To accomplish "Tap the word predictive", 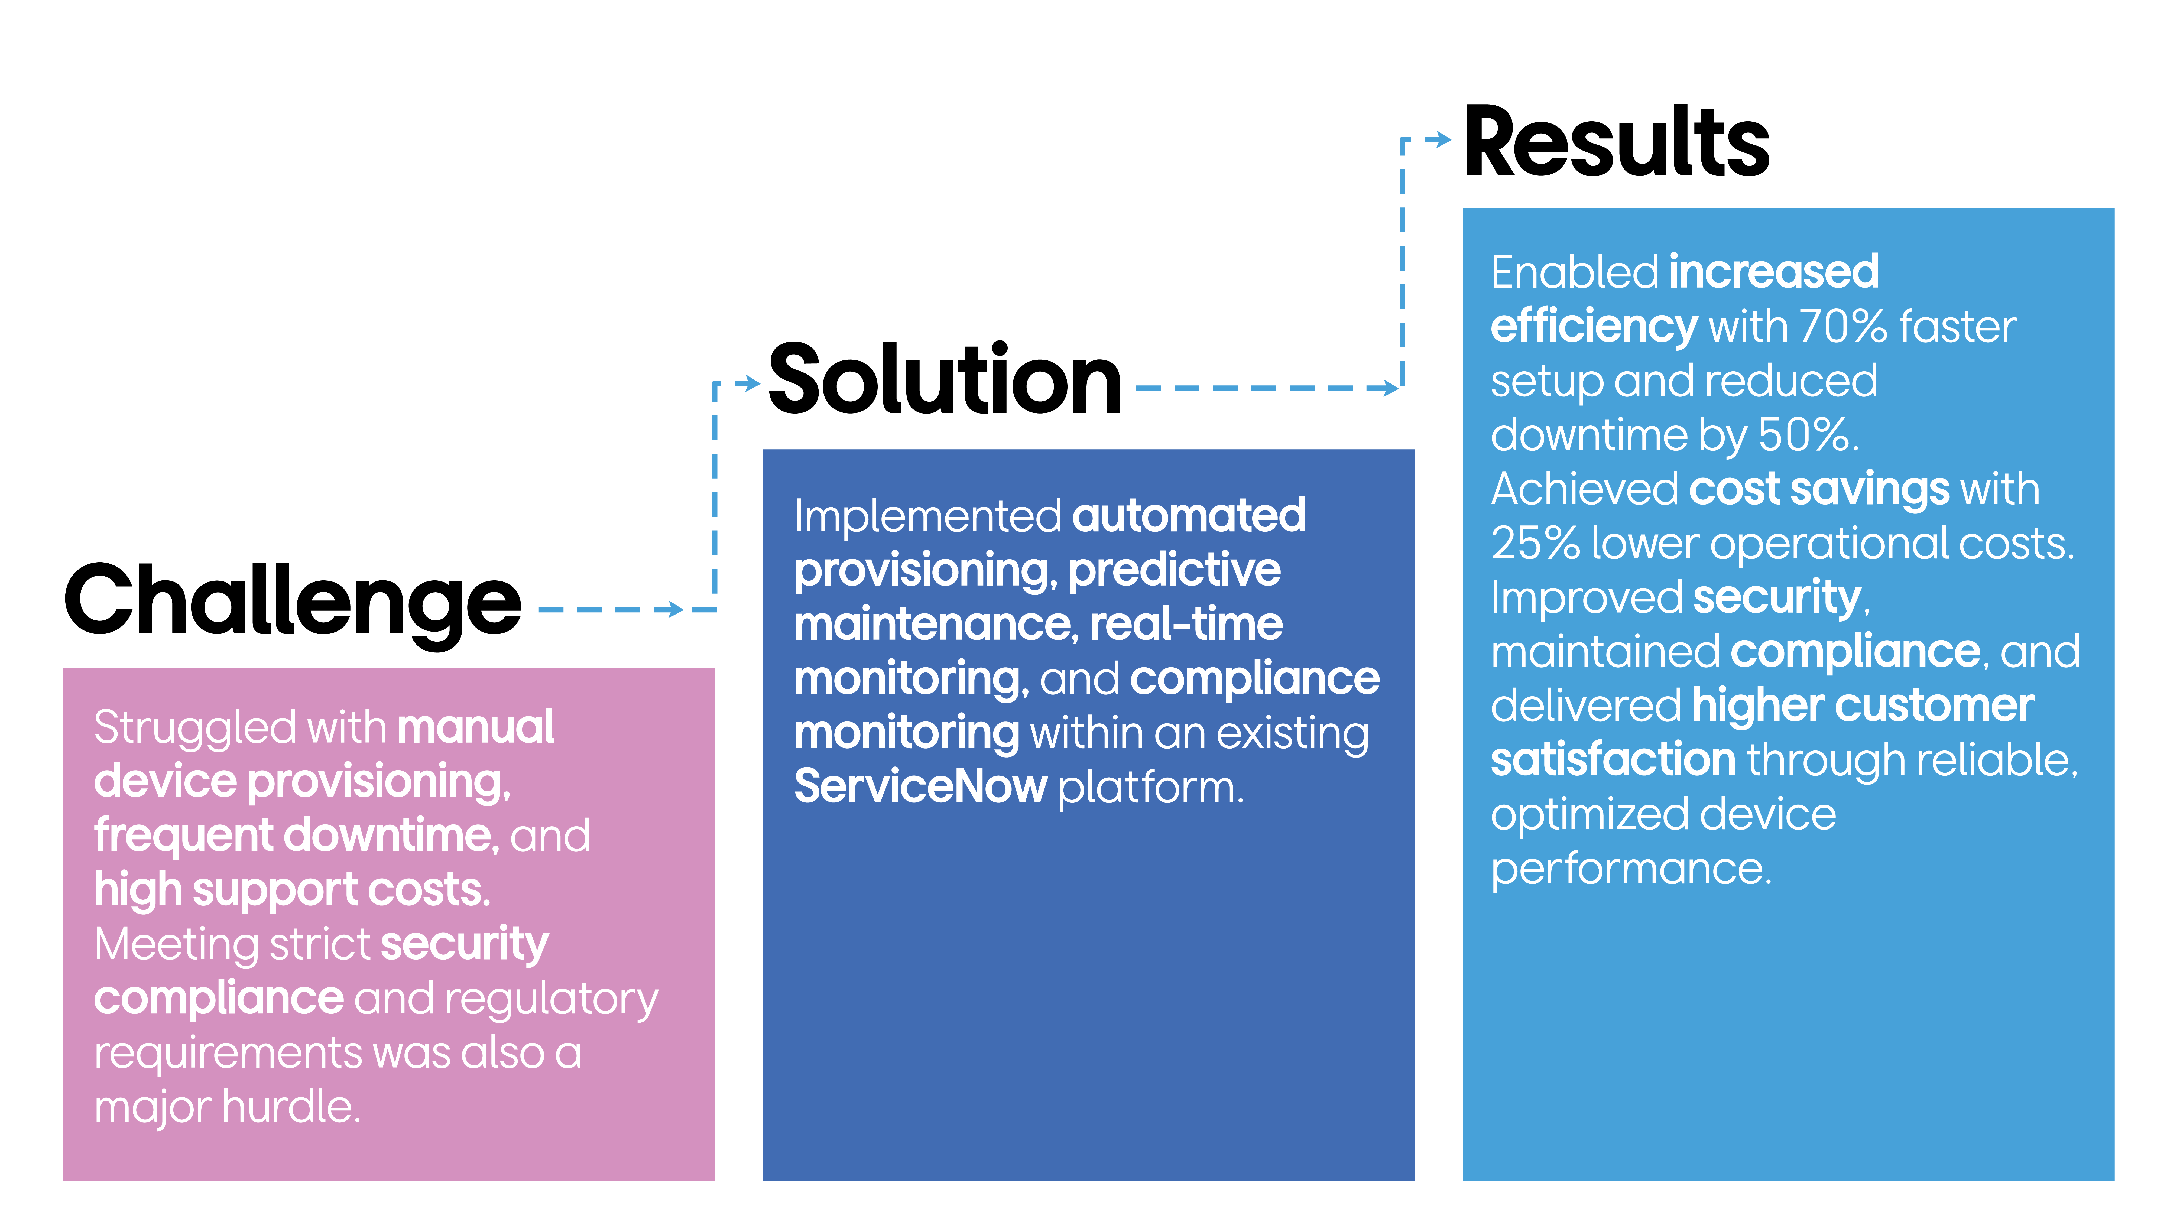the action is point(1174,570).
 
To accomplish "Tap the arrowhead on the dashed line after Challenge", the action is point(673,609).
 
